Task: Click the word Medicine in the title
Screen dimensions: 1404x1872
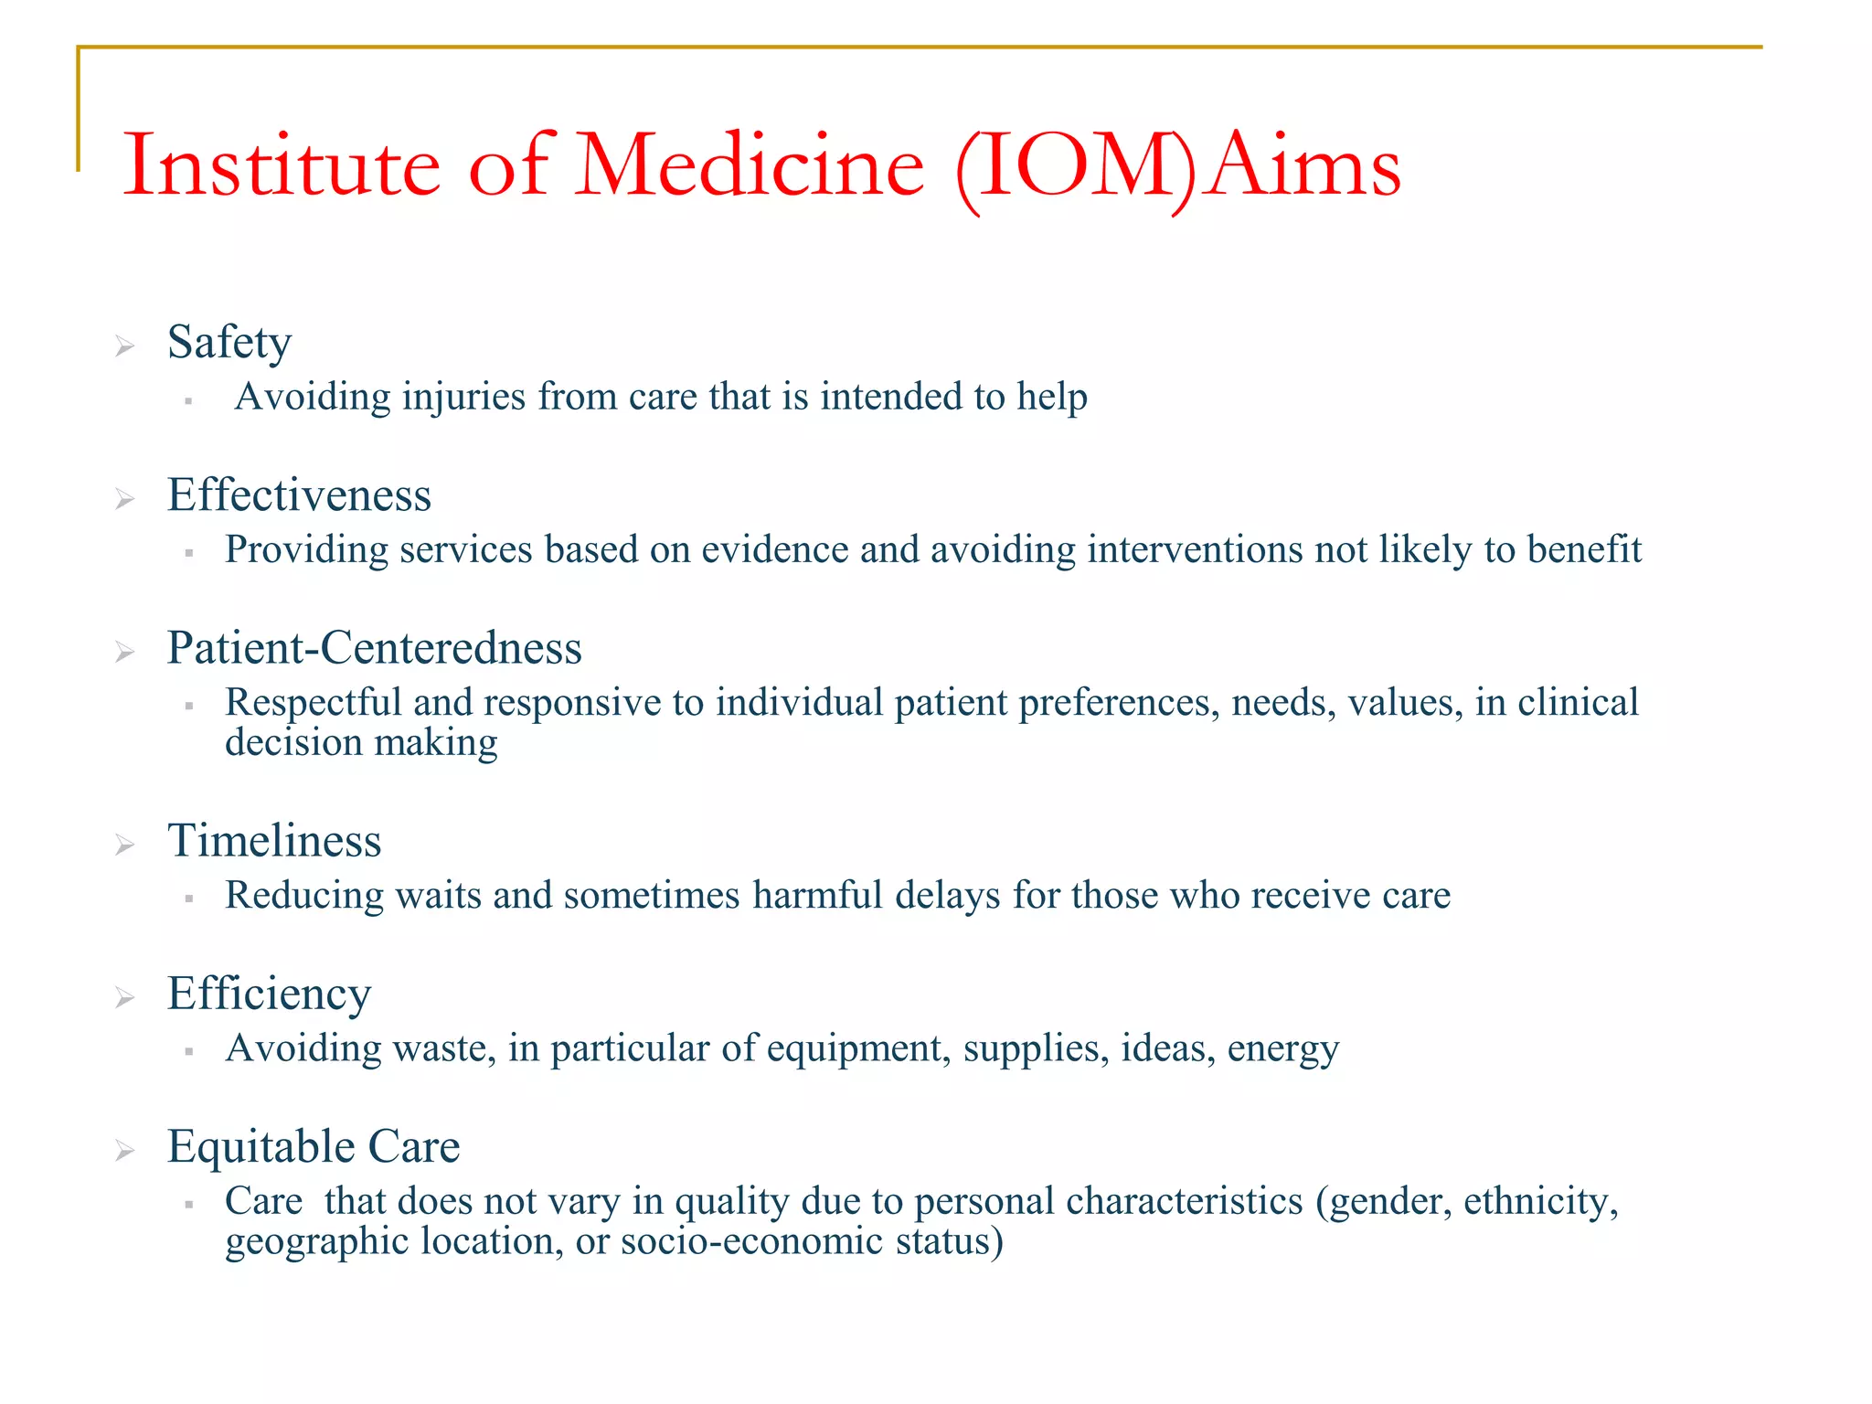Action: click(x=750, y=166)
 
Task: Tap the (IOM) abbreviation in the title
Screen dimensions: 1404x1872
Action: click(x=1075, y=168)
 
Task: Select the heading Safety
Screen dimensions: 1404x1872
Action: click(x=229, y=343)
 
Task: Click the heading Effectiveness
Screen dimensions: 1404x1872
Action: click(x=299, y=495)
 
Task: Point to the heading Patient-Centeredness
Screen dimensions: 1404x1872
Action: click(x=374, y=648)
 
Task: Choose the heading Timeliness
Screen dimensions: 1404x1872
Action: click(x=274, y=841)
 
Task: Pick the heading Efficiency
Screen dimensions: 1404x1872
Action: click(x=269, y=994)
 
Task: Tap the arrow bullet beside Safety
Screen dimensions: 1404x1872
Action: click(x=125, y=346)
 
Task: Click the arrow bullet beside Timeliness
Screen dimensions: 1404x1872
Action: click(x=125, y=845)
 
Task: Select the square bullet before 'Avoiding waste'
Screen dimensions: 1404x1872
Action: click(x=188, y=1051)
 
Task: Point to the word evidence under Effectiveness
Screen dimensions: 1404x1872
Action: click(x=774, y=549)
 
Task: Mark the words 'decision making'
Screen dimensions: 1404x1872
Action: click(x=361, y=742)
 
